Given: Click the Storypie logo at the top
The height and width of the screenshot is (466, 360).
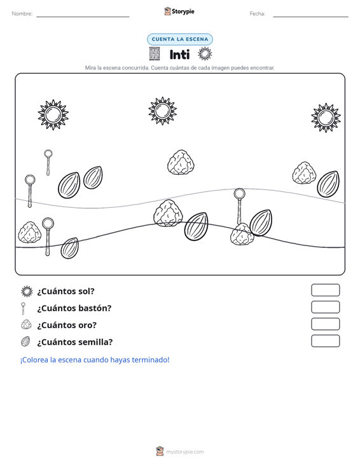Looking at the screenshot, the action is tap(179, 11).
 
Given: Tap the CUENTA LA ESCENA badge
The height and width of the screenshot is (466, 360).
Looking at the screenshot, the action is tap(180, 39).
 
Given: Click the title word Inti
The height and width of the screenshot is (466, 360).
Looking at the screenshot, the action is tap(179, 55).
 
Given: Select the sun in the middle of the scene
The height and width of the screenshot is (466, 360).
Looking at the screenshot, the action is tap(163, 111).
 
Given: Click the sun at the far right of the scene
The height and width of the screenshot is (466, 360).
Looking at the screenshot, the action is tap(326, 118).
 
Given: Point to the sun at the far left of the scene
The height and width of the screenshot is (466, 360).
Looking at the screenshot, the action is tap(53, 114).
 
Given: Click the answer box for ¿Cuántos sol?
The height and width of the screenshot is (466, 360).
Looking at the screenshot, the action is tap(325, 290).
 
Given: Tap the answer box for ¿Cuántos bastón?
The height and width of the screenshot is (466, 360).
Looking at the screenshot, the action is tap(325, 307).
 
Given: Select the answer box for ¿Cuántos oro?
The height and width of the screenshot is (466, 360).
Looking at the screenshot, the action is tap(325, 324).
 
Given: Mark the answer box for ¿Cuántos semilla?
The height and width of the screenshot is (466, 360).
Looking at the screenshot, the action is tap(325, 341).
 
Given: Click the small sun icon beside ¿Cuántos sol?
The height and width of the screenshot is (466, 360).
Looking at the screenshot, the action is tap(27, 291).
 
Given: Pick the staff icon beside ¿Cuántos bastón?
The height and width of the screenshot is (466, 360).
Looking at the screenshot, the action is tap(23, 308).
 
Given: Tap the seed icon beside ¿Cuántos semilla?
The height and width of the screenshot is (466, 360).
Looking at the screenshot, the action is tap(26, 341).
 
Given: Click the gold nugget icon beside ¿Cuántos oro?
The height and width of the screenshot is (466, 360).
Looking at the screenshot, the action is tap(27, 324).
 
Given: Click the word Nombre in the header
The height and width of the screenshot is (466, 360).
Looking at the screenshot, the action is tap(22, 14).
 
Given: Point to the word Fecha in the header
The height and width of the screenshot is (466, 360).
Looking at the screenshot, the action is tap(258, 14).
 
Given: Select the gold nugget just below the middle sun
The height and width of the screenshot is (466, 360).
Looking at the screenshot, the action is tap(181, 162).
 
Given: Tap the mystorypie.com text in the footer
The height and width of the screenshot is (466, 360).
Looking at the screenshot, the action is tap(185, 452).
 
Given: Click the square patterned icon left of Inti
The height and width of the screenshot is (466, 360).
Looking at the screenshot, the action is tap(155, 54).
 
